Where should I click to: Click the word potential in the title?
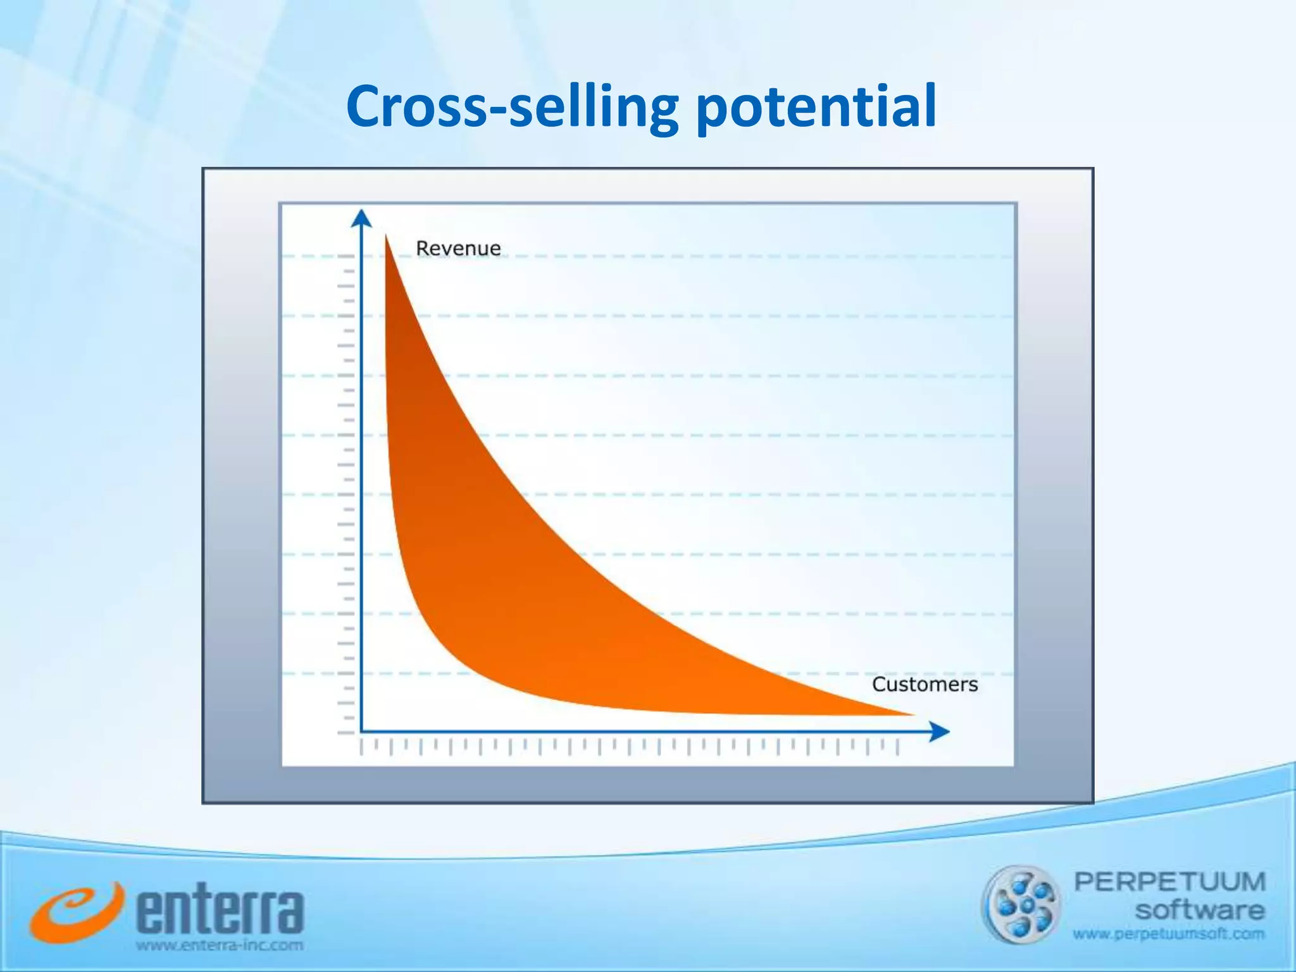(816, 108)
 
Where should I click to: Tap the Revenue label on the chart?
(458, 248)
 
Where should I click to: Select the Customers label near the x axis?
(925, 684)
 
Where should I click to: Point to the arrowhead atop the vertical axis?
(361, 218)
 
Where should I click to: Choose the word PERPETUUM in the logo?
(1169, 882)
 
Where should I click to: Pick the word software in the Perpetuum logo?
(1199, 911)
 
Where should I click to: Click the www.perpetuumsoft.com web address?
(1168, 933)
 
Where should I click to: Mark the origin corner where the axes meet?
(361, 732)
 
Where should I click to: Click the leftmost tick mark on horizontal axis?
(361, 747)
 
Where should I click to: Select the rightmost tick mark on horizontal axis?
(897, 747)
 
